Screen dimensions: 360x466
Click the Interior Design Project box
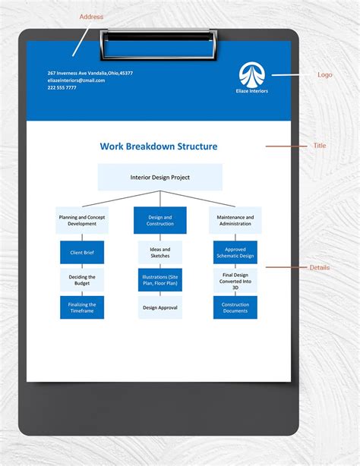159,177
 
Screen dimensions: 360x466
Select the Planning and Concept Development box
82,220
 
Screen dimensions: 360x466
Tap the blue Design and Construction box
159,220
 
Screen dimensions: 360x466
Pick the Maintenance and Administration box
235,220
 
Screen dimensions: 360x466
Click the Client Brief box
82,252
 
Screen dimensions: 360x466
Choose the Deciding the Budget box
82,280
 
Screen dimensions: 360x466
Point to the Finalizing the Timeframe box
82,307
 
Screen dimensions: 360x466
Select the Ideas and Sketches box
159,252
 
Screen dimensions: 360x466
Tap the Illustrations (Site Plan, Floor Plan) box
159,280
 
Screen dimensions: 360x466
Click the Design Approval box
159,307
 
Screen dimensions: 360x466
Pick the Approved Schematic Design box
235,252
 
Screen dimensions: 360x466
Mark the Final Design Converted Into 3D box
235,280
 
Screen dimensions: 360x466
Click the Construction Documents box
235,307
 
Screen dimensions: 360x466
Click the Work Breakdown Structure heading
159,146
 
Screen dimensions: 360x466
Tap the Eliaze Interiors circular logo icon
251,74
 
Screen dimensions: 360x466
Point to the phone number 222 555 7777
62,87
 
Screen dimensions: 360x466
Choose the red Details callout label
320,267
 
